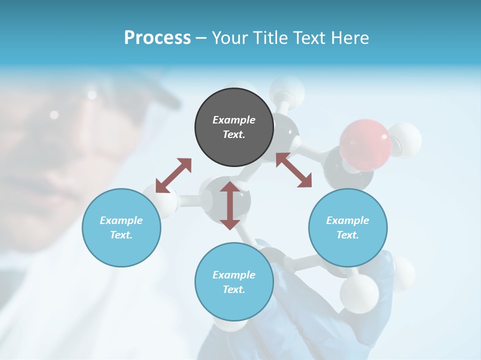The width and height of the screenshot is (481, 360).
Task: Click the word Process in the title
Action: pyautogui.click(x=157, y=37)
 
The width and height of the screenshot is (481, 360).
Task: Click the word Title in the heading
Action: pyautogui.click(x=271, y=37)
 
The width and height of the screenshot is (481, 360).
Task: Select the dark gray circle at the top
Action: pyautogui.click(x=234, y=127)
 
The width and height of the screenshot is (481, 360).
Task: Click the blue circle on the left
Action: pyautogui.click(x=121, y=227)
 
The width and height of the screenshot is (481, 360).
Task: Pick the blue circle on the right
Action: pyautogui.click(x=348, y=227)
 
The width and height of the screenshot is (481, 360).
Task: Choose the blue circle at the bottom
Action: pyautogui.click(x=234, y=281)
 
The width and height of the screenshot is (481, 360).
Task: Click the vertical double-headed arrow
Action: pyautogui.click(x=229, y=205)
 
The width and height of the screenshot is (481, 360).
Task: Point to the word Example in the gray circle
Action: pyautogui.click(x=234, y=120)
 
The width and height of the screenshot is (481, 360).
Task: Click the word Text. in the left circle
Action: pyautogui.click(x=121, y=235)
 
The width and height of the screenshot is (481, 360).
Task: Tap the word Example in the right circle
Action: pyautogui.click(x=348, y=220)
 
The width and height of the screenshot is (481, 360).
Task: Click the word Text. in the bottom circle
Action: pyautogui.click(x=234, y=289)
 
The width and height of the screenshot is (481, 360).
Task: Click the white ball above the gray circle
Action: pyautogui.click(x=287, y=90)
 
